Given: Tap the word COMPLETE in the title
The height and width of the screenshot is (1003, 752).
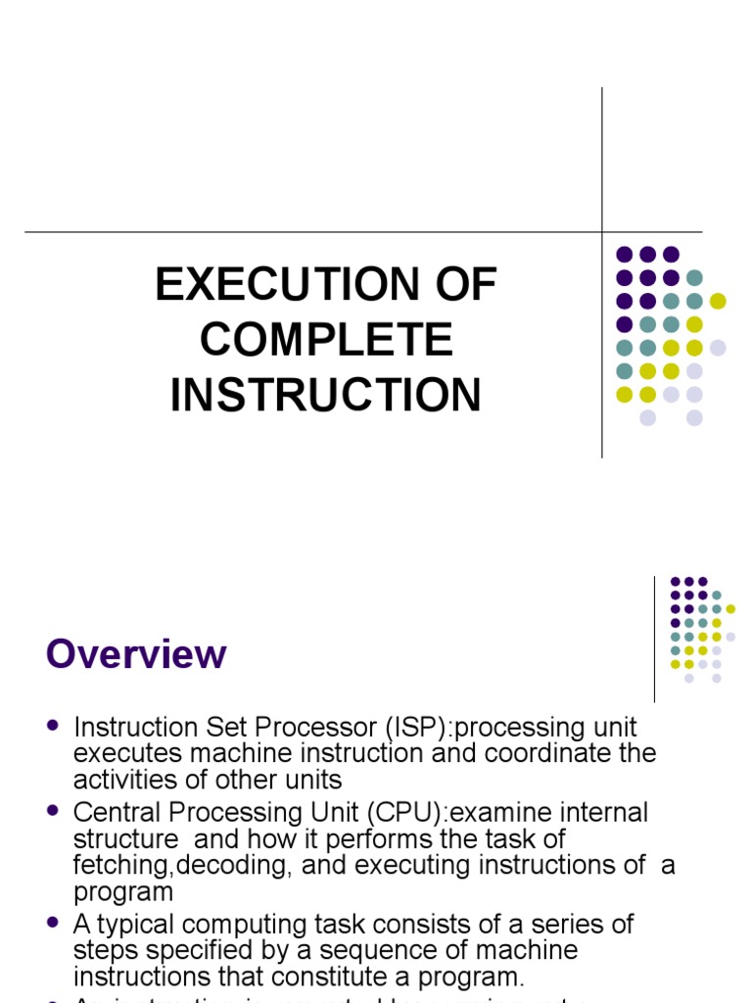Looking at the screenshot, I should pos(327,340).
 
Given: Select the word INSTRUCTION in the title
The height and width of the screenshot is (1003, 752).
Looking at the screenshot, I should pos(327,395).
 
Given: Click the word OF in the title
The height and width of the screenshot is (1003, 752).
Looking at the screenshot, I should pos(463,285).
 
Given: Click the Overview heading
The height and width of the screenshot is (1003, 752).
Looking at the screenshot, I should pos(136,654).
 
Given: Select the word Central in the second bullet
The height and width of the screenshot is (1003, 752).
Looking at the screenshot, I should pos(114,813).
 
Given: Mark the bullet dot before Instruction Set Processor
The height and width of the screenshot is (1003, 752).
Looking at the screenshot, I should pos(53,727).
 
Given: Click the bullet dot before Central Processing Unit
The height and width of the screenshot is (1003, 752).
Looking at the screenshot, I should pos(53,812).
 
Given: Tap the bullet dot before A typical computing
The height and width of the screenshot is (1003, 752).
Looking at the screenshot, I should pos(53,923).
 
